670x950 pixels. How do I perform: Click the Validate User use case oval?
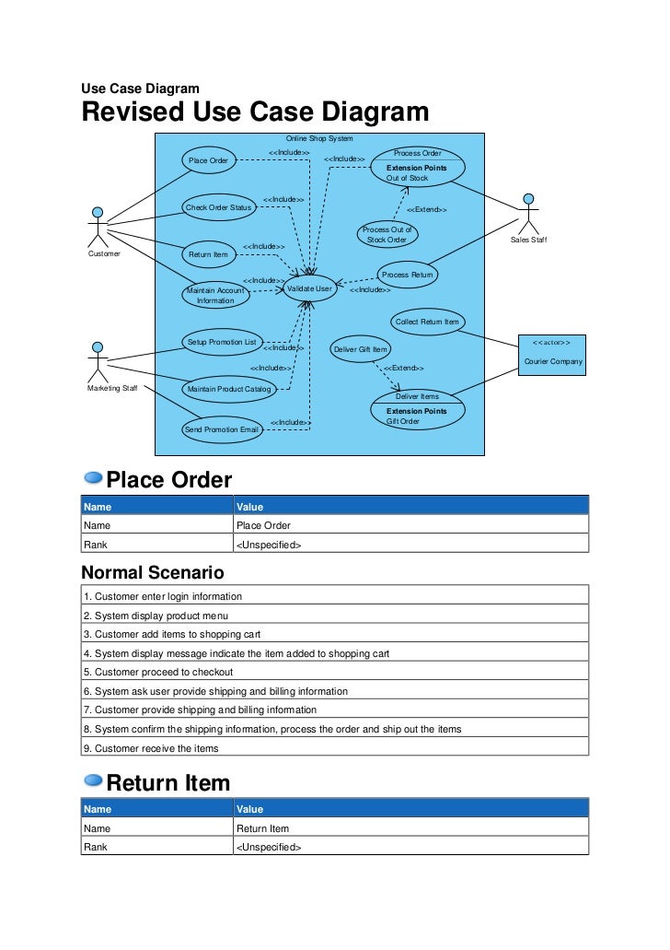[x=310, y=288]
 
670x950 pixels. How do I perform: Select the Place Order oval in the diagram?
[x=209, y=160]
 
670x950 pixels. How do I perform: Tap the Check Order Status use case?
[x=219, y=207]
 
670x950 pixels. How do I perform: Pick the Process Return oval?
[x=407, y=275]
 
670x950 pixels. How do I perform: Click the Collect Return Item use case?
[x=427, y=322]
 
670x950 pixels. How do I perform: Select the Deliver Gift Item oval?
[x=360, y=349]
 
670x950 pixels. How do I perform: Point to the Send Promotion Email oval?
[x=221, y=429]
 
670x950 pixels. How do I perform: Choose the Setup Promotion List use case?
[x=222, y=342]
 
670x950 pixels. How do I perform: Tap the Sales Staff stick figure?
[x=527, y=214]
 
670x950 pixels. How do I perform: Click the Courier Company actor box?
[x=553, y=352]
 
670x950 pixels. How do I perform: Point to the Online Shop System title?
[x=319, y=138]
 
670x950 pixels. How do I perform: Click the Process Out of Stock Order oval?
[x=387, y=234]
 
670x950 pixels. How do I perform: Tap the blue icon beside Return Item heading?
[x=93, y=780]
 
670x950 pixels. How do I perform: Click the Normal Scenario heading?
[x=152, y=572]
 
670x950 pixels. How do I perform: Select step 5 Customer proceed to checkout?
[x=158, y=672]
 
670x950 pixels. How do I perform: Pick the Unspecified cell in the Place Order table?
[x=269, y=545]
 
